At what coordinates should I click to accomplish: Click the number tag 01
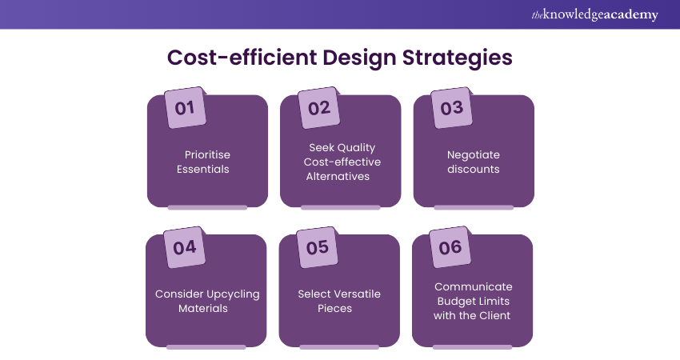coord(186,107)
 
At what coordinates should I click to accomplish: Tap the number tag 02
coord(318,107)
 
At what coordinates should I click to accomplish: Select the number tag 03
coord(452,107)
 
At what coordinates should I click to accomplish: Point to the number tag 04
coord(184,247)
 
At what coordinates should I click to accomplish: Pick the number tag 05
coord(318,247)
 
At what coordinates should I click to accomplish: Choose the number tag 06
coord(450,247)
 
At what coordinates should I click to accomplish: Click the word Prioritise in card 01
coord(207,155)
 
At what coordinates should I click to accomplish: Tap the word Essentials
coord(203,169)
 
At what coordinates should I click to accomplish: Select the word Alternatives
coord(338,177)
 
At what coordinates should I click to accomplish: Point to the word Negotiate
coord(474,155)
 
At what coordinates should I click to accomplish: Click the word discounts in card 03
coord(474,169)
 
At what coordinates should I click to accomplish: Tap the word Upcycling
coord(234,294)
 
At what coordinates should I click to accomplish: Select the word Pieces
coord(334,308)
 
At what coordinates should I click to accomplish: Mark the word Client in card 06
coord(494,316)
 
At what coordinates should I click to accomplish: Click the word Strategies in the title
coord(458,58)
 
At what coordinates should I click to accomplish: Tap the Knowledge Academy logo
coord(594,14)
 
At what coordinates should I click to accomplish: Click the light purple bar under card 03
coord(474,208)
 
